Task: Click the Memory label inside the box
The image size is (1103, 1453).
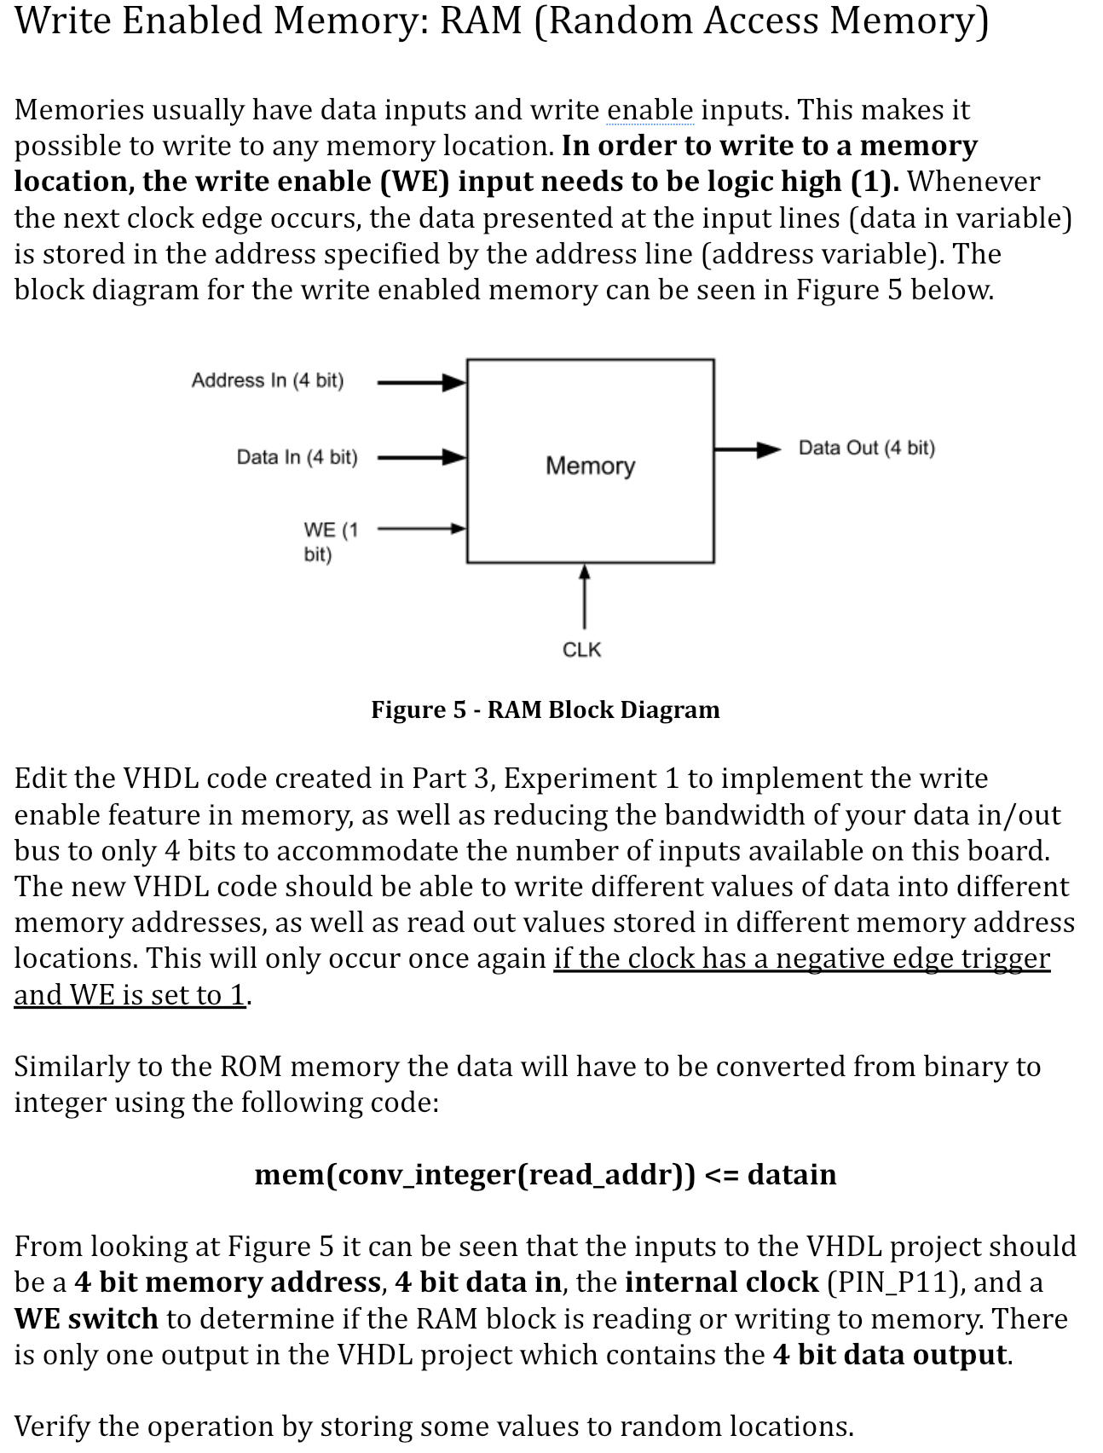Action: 590,466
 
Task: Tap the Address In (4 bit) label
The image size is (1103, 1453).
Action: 267,380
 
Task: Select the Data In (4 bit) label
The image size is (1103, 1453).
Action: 297,457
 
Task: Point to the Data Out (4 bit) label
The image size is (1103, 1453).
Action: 866,448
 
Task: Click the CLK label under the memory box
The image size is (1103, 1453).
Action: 582,650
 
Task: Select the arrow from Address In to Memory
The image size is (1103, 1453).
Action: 421,383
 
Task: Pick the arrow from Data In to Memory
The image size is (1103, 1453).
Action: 421,458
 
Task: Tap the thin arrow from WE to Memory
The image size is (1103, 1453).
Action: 421,529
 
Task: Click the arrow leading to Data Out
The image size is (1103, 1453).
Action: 747,449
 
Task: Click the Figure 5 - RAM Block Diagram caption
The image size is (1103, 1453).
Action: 545,709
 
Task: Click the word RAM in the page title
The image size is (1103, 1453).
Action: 480,20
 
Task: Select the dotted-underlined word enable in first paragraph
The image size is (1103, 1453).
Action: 650,110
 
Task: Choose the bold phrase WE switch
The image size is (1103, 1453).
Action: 86,1318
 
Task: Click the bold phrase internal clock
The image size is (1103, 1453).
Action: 721,1282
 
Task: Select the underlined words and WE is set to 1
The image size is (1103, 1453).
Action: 130,995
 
